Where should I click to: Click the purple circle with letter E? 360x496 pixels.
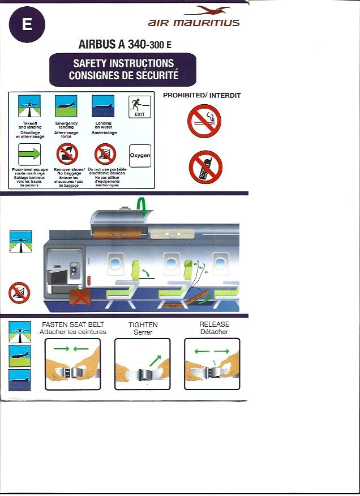coord(27,24)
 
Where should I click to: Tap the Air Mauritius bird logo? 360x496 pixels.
coord(208,10)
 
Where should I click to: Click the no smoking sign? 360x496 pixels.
coord(204,121)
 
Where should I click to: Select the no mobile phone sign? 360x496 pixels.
coord(205,167)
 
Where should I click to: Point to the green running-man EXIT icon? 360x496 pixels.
coord(139,107)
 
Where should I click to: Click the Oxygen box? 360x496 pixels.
coord(140,156)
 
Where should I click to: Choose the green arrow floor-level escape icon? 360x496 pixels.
coord(29,155)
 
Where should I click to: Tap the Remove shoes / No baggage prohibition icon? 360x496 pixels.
coord(67,154)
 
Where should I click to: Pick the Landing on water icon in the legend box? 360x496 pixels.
coord(103,106)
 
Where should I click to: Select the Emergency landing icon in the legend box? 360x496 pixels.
coord(66,106)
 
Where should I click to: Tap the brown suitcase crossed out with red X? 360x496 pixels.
coord(80,297)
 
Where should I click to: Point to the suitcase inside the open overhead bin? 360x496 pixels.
coord(117,234)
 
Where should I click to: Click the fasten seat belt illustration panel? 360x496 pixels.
coord(73,364)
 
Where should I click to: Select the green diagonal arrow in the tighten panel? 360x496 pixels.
coord(155,360)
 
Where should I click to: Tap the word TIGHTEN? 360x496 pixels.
coord(143,325)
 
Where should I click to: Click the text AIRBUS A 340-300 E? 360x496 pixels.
coord(125,44)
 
